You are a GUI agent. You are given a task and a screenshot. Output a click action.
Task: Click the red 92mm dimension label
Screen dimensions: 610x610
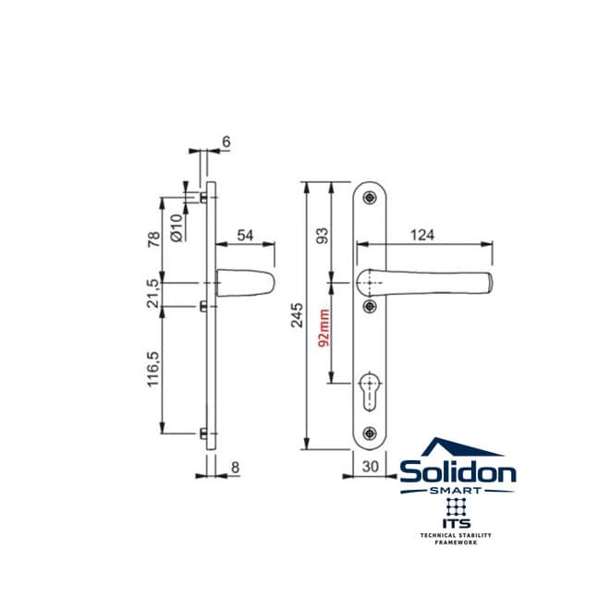tap(324, 327)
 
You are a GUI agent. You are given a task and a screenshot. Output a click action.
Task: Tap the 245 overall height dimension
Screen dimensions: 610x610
tap(298, 315)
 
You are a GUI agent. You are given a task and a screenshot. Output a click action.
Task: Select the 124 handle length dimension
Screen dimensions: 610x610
tap(422, 235)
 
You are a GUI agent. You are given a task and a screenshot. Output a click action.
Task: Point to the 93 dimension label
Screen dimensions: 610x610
tap(323, 236)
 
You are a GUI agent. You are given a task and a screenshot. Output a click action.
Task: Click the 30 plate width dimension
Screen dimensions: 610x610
tap(370, 467)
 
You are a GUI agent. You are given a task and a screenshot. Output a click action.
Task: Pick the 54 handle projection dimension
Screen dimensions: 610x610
tap(245, 236)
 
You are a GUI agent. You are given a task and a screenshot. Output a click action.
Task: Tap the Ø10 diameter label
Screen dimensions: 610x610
tap(177, 228)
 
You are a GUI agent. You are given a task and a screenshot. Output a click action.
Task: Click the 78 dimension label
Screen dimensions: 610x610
tap(153, 239)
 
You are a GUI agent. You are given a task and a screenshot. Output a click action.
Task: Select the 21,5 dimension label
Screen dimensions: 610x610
tap(153, 294)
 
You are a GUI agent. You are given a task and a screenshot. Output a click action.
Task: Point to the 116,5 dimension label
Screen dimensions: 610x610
tap(152, 369)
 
